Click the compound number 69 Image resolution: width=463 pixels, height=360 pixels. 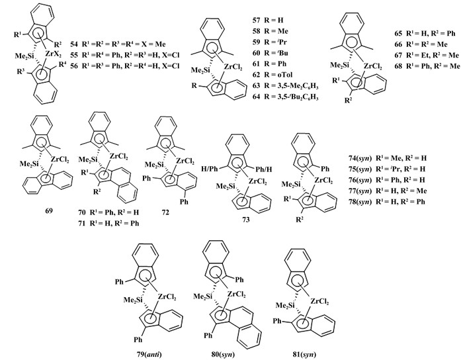click(49, 211)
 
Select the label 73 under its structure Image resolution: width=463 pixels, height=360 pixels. click(245, 219)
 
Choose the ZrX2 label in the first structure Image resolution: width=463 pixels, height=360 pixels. click(54, 54)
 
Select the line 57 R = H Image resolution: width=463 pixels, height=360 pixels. click(268, 21)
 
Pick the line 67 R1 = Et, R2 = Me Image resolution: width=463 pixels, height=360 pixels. click(427, 55)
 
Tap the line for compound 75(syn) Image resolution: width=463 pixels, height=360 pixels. click(387, 169)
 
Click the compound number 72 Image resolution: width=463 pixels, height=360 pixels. click(165, 212)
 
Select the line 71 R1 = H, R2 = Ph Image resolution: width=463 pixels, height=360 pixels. click(109, 223)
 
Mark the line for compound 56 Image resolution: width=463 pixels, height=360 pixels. click(125, 66)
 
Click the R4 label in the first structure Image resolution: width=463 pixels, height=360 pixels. click(62, 64)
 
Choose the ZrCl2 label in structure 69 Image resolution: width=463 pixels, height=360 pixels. click(60, 160)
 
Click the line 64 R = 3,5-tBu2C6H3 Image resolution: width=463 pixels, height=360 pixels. click(286, 97)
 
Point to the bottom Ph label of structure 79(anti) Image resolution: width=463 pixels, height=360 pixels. click(138, 339)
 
